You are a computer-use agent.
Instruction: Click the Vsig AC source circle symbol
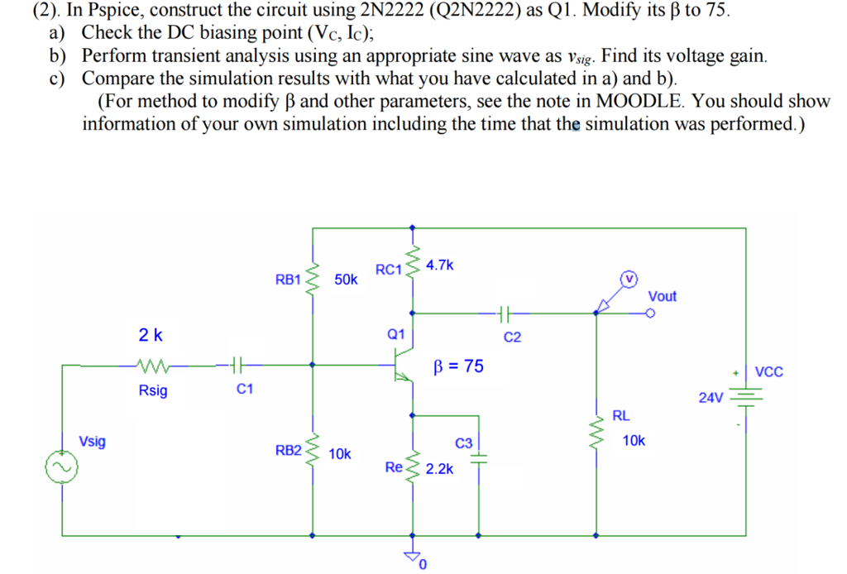click(62, 468)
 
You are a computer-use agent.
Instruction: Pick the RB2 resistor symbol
click(313, 452)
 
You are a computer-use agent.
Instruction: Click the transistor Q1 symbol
click(403, 364)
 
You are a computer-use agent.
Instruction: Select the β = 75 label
click(459, 366)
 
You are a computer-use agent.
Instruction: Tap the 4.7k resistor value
click(440, 265)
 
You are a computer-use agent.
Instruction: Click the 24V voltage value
click(711, 398)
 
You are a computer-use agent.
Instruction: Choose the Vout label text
click(662, 296)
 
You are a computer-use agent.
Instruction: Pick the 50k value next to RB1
click(346, 280)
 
